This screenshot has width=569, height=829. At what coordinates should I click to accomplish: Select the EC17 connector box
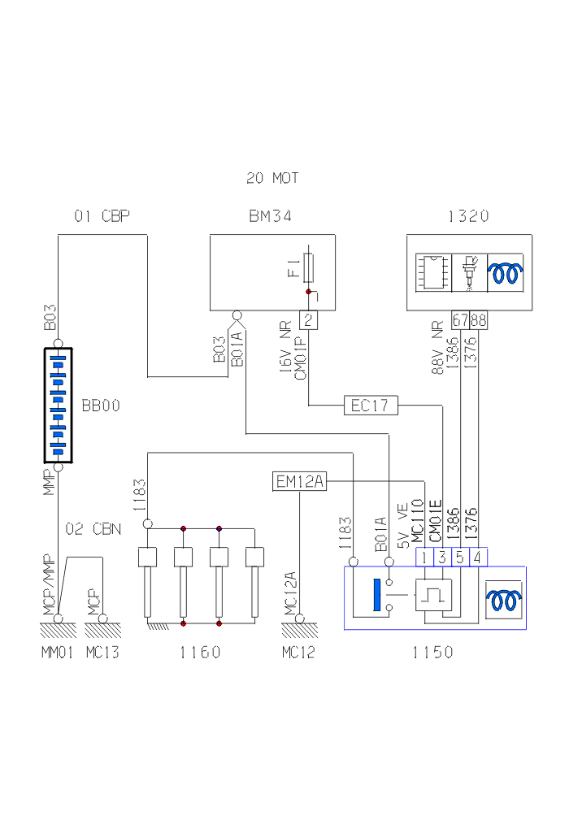(370, 405)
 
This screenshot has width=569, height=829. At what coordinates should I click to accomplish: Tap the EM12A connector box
(299, 483)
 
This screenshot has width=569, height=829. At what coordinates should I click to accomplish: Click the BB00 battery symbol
(58, 406)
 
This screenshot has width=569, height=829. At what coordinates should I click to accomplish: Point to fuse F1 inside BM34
(308, 269)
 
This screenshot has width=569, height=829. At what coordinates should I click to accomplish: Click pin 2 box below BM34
(309, 319)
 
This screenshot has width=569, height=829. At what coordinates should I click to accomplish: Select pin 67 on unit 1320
(461, 319)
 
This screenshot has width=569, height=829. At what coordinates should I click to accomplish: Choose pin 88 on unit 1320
(478, 319)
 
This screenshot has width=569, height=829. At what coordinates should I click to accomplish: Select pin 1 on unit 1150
(424, 558)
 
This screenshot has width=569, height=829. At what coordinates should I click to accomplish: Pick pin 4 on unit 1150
(478, 558)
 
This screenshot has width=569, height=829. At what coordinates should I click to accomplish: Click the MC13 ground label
(102, 652)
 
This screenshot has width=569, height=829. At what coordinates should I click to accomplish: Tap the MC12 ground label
(298, 652)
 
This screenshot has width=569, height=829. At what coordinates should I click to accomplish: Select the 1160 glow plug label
(201, 652)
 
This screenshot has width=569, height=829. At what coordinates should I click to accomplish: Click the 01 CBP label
(102, 216)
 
